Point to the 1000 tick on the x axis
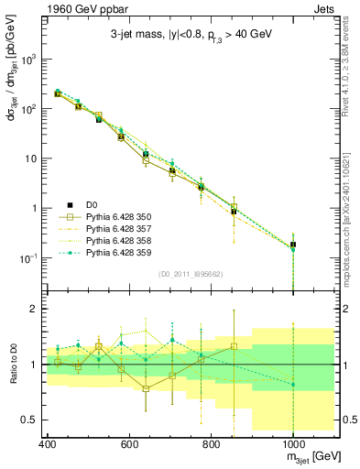click(x=292, y=444)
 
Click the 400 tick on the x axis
click(x=48, y=444)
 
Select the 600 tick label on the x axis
click(x=129, y=444)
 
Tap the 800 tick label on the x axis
click(x=211, y=444)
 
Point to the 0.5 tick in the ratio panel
click(x=32, y=420)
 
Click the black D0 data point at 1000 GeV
click(x=292, y=245)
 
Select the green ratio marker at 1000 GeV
click(x=292, y=385)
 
